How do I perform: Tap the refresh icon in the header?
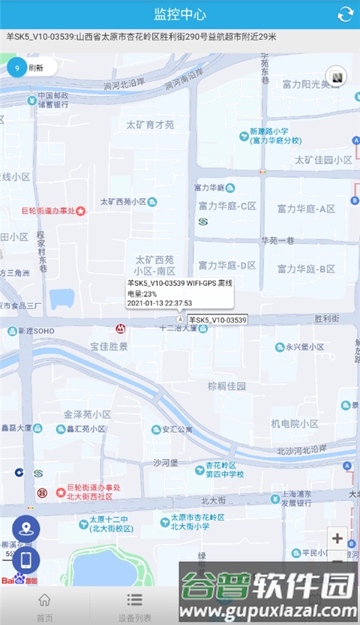coord(345,14)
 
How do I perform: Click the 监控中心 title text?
coord(180,14)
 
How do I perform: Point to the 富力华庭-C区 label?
coord(227,206)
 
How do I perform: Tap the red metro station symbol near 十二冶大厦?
coord(120,329)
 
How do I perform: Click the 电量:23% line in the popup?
coord(142,293)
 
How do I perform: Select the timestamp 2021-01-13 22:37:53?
coord(160,303)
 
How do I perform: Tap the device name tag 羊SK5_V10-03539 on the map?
coord(217,320)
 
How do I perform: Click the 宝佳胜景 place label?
coord(109,347)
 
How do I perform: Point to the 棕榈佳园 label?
coord(227,386)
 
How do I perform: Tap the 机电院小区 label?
coord(295,424)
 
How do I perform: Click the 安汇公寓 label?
coord(177,430)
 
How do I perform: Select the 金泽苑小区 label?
coord(87,414)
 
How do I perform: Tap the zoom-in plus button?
coord(337,538)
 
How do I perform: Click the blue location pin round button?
coord(26,528)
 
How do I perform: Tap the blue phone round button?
coord(26,560)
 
